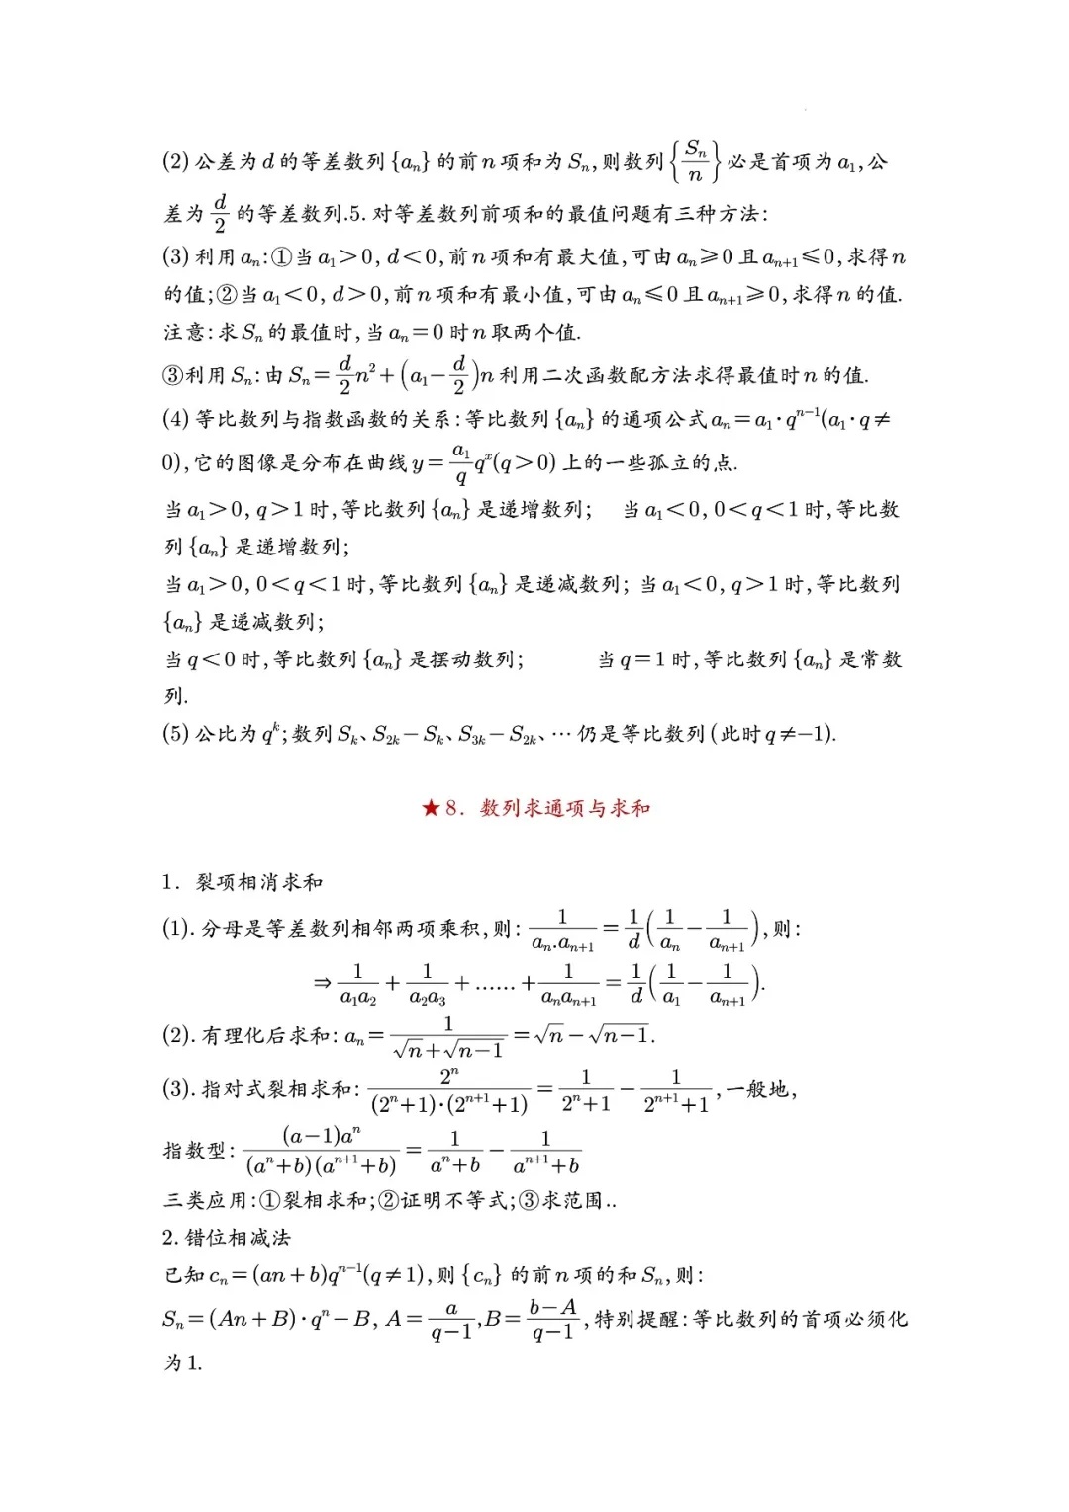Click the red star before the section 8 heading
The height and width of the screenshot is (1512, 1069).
(x=431, y=808)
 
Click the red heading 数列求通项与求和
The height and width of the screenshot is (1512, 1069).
(x=565, y=808)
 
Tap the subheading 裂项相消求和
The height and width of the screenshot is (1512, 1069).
(x=259, y=882)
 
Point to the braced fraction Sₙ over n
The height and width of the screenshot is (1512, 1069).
(x=695, y=161)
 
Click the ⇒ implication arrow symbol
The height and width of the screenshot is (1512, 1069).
(x=322, y=983)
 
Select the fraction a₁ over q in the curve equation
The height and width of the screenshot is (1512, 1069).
(x=460, y=463)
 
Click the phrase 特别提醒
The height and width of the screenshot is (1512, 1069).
(x=637, y=1319)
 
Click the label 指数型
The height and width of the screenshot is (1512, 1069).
(x=196, y=1151)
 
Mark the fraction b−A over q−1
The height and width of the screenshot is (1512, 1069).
(x=552, y=1320)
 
